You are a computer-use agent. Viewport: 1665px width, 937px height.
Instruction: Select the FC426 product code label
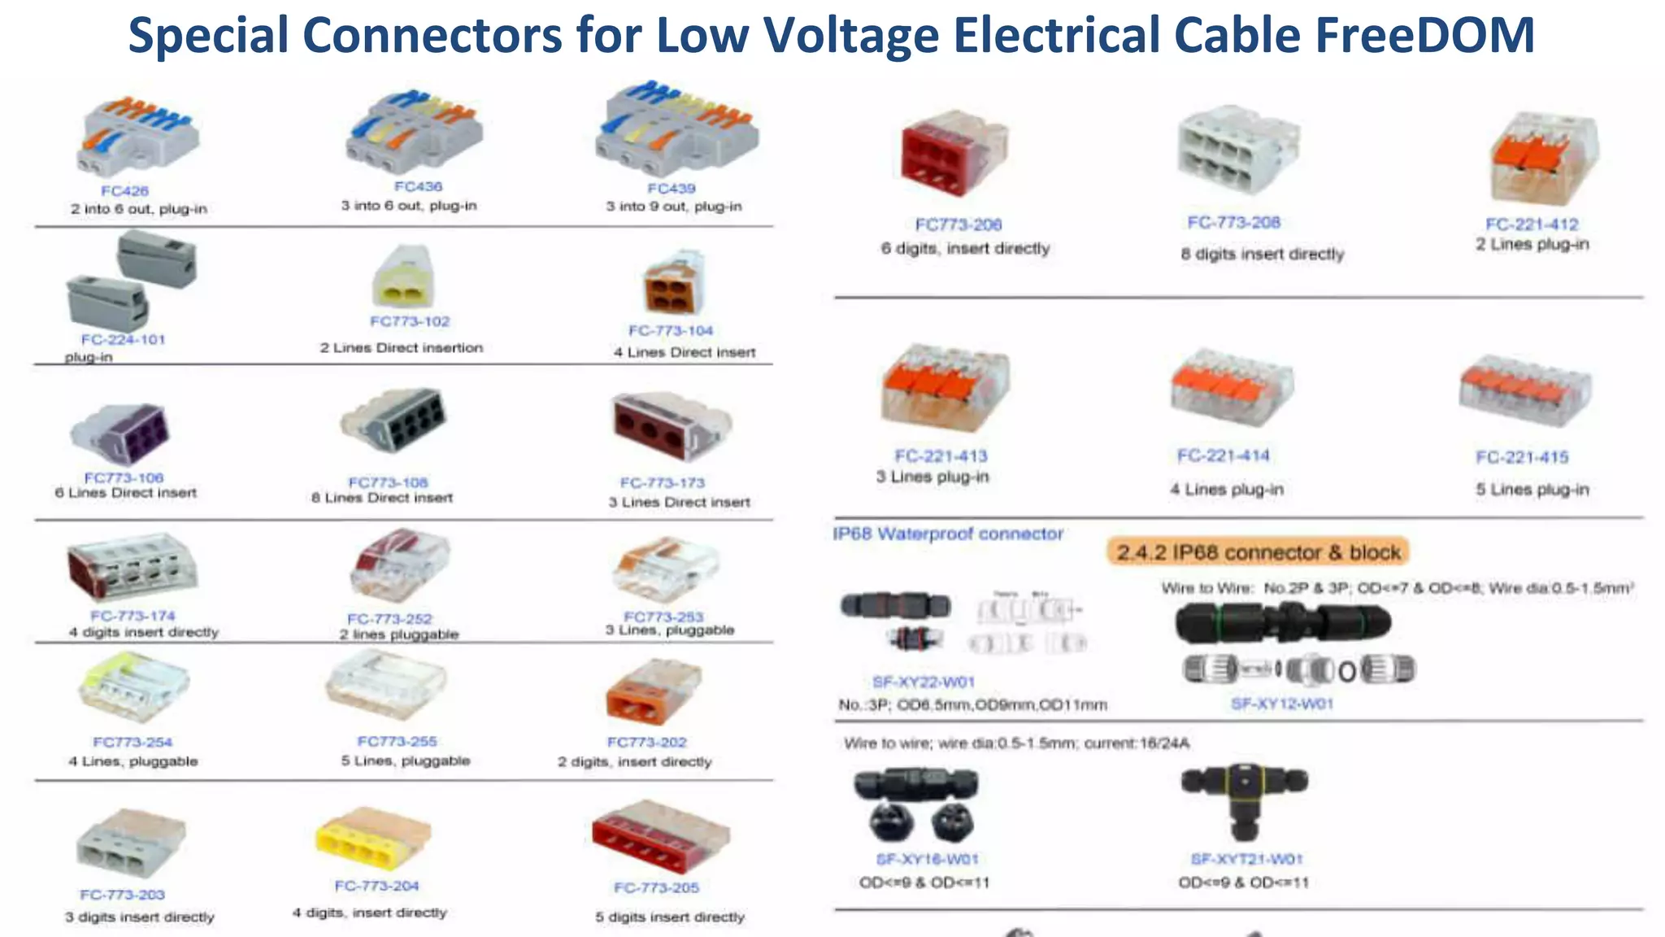(x=124, y=191)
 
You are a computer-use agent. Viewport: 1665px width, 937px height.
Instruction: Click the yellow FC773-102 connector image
(x=403, y=277)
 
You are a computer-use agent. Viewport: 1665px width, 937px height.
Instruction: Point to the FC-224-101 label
(x=123, y=339)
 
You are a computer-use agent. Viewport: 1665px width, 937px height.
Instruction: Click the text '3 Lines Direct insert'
(x=679, y=503)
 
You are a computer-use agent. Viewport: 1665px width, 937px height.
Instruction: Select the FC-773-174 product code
(x=133, y=616)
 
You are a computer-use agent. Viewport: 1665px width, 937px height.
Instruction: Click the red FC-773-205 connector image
(x=660, y=838)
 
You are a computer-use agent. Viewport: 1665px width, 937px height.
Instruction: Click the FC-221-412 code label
(x=1532, y=224)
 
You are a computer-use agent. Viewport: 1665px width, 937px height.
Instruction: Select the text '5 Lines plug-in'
(x=1532, y=490)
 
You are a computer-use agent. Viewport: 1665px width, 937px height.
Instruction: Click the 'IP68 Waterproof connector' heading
(x=947, y=534)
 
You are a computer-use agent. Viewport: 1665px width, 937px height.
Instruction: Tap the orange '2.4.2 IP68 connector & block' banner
(x=1258, y=552)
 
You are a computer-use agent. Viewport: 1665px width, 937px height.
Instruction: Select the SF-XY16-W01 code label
(x=927, y=859)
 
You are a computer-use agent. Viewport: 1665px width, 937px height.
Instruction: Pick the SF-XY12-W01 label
(x=1281, y=704)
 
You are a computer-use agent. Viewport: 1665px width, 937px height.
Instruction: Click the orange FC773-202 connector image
(x=654, y=691)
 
